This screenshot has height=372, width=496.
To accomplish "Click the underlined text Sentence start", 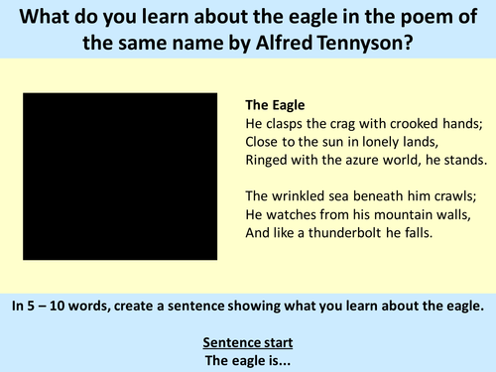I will pos(248,342).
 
